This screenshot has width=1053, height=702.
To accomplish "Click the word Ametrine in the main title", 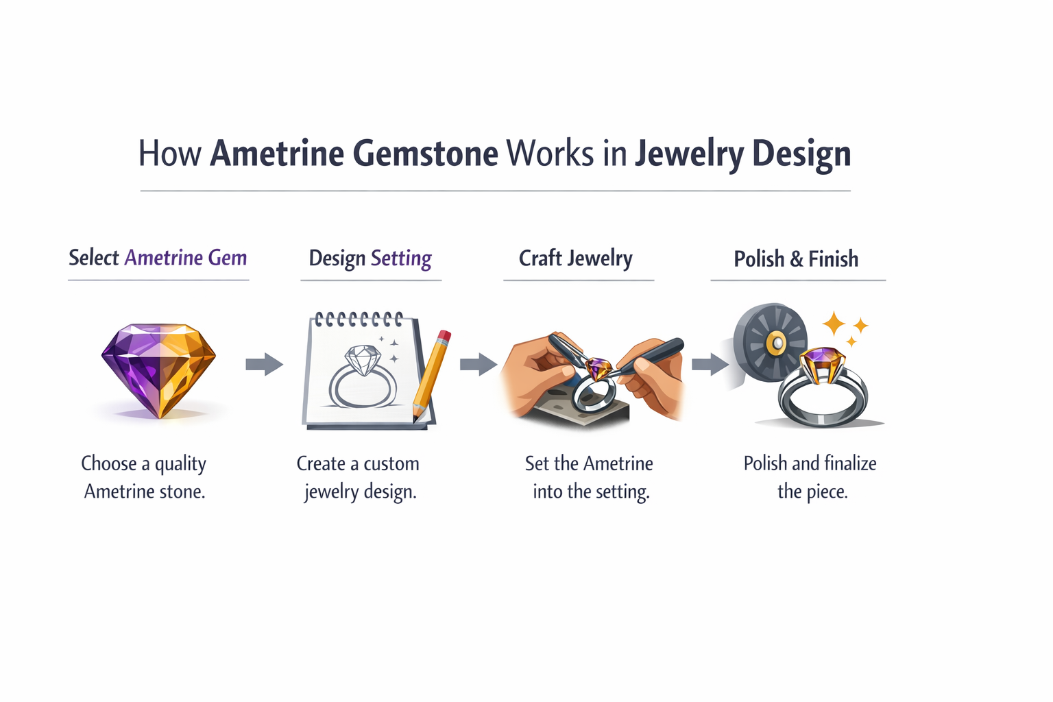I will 278,153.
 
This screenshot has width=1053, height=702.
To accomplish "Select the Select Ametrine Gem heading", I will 158,258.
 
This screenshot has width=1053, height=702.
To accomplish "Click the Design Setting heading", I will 370,258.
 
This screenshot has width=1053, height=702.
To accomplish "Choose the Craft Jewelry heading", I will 576,258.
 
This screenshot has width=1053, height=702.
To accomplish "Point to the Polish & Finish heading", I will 796,259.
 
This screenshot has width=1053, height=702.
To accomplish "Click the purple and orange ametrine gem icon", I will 158,370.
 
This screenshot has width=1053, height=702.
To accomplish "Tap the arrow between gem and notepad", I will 264,364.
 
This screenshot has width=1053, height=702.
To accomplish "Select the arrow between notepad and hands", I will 478,364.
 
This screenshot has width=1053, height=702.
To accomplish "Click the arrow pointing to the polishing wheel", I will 710,364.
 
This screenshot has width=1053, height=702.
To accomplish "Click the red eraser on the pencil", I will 444,337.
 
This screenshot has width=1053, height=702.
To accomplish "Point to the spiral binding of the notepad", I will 359,319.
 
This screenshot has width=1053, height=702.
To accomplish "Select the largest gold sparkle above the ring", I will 834,323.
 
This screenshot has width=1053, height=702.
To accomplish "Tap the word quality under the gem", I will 180,464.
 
